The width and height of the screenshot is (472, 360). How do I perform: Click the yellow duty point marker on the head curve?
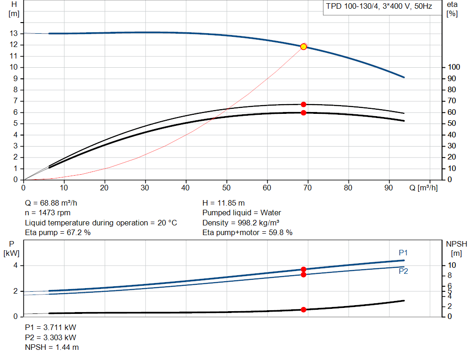point(303,47)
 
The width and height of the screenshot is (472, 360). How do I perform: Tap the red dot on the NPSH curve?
point(303,310)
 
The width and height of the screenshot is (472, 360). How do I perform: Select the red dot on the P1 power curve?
point(303,269)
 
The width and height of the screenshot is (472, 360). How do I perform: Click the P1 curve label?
point(403,253)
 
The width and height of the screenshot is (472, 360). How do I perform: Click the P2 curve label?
point(403,271)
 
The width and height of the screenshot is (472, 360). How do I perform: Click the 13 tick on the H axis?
point(13,33)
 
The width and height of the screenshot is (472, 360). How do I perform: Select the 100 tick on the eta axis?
point(454,67)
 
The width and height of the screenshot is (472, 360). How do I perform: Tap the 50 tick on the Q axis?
point(226,188)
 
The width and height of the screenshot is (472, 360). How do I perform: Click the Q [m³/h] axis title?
point(423,188)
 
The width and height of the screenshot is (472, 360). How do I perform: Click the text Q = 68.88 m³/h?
point(51,203)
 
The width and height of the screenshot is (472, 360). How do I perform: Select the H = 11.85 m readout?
point(224,203)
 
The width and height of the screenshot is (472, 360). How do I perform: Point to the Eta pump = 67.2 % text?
point(58,233)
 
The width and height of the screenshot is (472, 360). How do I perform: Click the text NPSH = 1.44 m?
point(52,348)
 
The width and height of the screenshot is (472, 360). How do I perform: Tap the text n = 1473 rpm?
point(47,213)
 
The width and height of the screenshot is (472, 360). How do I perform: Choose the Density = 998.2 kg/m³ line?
point(241,223)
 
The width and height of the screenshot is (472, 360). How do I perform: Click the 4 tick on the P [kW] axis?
point(15,266)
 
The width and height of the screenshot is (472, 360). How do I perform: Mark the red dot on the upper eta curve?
point(303,105)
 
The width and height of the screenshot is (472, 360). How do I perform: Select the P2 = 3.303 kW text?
point(51,338)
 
